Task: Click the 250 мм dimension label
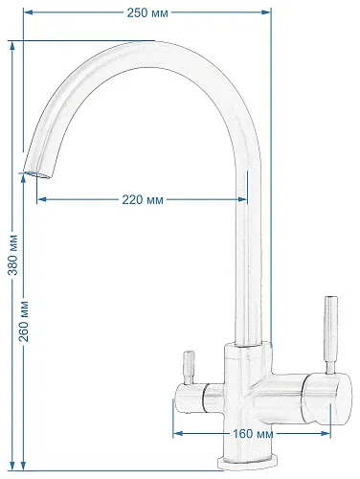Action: [x=147, y=12]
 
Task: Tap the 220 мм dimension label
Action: [x=143, y=200]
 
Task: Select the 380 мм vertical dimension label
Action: [x=12, y=255]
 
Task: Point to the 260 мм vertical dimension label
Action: [x=24, y=321]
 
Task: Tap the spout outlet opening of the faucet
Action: [x=36, y=174]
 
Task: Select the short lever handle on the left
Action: [x=188, y=368]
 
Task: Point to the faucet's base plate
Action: [x=246, y=464]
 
